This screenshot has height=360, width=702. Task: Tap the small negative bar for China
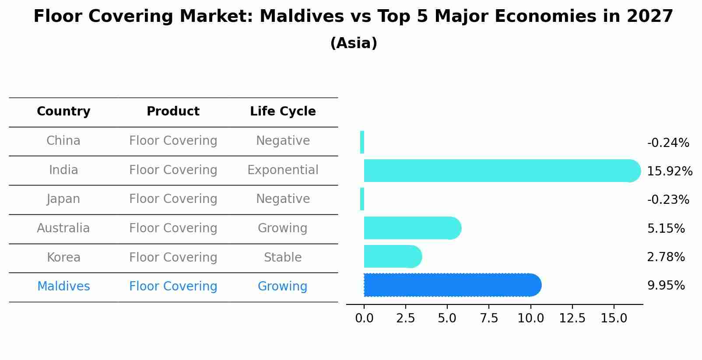(362, 142)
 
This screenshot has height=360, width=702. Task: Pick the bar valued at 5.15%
(412, 228)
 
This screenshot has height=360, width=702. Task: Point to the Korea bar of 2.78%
(392, 256)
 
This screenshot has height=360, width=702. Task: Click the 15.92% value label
(669, 171)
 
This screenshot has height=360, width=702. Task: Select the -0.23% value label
(668, 199)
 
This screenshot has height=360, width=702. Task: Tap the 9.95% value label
(666, 285)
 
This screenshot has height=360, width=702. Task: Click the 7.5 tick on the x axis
(489, 318)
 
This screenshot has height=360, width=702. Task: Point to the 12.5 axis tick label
(572, 318)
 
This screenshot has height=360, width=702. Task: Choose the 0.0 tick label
(364, 318)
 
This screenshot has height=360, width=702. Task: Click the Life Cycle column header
(283, 112)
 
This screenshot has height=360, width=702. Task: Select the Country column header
(63, 112)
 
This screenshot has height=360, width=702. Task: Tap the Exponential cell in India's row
(283, 170)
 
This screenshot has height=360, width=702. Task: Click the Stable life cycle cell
(283, 257)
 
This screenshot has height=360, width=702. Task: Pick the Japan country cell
(63, 199)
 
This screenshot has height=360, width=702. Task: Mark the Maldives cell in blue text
(63, 287)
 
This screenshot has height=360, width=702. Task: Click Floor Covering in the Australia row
(173, 228)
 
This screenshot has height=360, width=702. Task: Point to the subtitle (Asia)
(354, 43)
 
